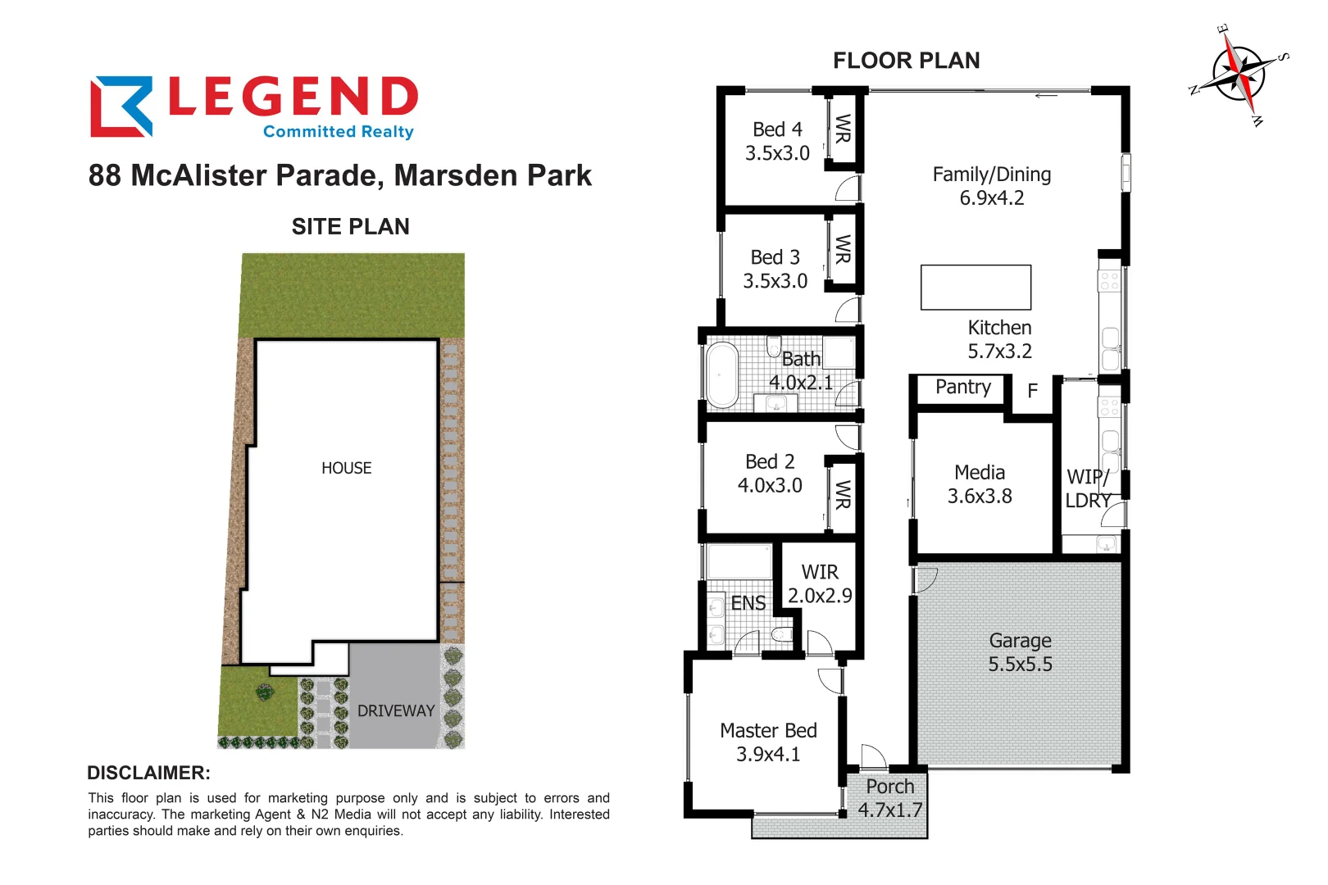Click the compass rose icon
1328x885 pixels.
coord(1239,75)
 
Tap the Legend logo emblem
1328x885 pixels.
coord(121,107)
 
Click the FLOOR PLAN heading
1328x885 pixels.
coord(906,61)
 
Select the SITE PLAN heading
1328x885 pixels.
coord(350,227)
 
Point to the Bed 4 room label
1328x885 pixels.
coord(777,129)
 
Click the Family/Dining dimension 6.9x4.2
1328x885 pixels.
coord(992,198)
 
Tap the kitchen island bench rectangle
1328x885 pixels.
coord(976,287)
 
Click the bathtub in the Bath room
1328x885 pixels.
coord(722,374)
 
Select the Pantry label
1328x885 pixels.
coord(962,387)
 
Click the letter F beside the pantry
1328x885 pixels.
coord(1032,391)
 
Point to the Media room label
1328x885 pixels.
coord(979,473)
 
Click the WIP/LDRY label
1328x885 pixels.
coord(1088,488)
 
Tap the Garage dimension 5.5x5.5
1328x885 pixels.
coord(1020,665)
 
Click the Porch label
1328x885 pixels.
coord(889,787)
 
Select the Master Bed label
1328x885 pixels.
coord(768,730)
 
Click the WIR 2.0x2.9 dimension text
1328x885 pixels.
coord(820,596)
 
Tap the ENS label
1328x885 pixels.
coord(748,604)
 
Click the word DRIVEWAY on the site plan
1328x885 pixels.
coord(396,711)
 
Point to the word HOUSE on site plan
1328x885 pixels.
coord(346,468)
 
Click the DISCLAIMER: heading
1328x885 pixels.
coord(148,773)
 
